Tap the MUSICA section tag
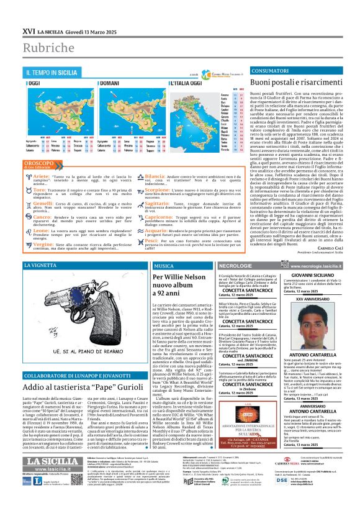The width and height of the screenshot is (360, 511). point(164,265)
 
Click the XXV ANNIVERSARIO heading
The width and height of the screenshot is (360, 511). point(312,299)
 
